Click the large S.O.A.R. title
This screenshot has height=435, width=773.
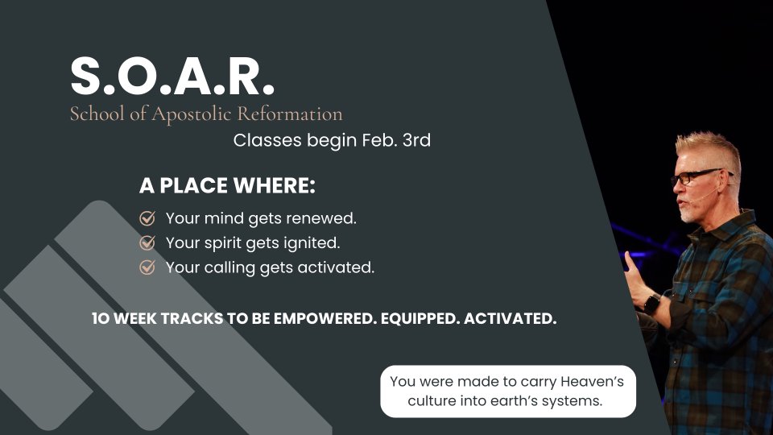[x=172, y=76]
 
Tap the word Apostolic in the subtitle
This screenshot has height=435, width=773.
[x=191, y=114]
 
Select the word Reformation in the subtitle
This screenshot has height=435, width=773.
[x=290, y=114]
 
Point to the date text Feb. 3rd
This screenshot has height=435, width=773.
[x=396, y=140]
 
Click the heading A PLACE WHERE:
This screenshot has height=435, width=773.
[x=227, y=185]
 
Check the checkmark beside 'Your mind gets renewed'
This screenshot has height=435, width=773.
[x=147, y=218]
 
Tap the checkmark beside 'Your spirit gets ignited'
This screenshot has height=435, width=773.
[x=147, y=242]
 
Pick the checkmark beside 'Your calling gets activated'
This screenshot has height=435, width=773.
[x=147, y=267]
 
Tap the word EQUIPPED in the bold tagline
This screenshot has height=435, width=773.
[x=420, y=319]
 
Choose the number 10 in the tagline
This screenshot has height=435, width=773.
[x=101, y=319]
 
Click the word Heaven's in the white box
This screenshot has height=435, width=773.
[x=592, y=381]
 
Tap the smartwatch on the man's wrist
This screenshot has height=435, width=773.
[x=651, y=303]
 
